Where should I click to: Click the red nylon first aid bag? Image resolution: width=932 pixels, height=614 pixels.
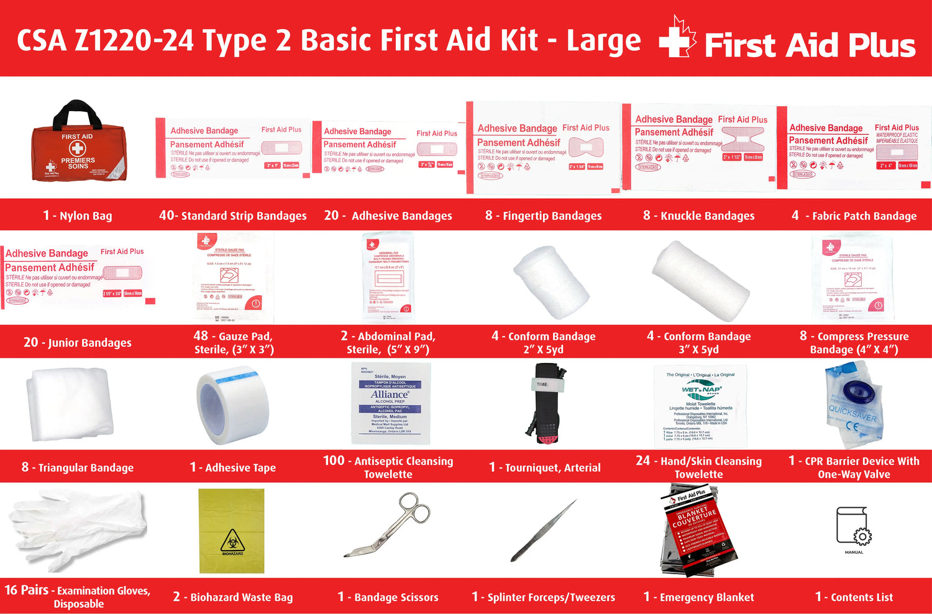click(78, 152)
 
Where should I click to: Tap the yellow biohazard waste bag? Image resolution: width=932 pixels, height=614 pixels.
click(232, 531)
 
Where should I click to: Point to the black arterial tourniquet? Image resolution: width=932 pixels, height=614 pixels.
click(544, 404)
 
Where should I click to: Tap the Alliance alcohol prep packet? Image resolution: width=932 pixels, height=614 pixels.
click(390, 403)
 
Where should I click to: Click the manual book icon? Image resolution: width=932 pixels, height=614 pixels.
click(854, 527)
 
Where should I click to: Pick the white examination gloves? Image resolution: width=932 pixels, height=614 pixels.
click(78, 529)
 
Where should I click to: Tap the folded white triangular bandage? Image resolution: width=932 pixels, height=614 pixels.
click(70, 404)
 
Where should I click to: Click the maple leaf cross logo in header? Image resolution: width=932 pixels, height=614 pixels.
click(677, 39)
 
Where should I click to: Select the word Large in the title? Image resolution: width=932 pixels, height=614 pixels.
click(603, 41)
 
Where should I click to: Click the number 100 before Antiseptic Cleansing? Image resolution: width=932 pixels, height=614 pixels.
click(334, 460)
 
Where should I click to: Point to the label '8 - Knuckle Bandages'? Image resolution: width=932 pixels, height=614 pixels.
click(698, 216)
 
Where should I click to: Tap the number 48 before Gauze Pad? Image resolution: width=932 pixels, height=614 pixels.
click(201, 336)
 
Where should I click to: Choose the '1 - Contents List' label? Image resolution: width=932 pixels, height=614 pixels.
click(854, 597)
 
